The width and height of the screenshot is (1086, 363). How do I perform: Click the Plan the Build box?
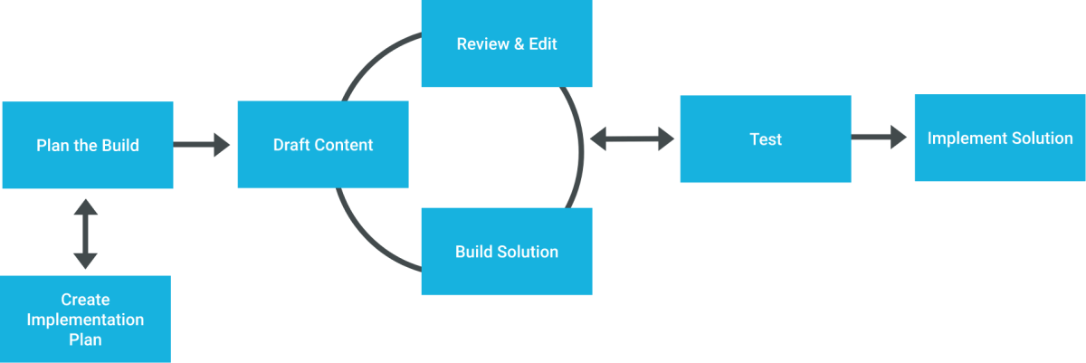[x=88, y=145]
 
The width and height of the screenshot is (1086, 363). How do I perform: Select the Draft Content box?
[x=323, y=145]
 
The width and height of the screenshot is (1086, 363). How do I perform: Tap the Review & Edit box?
[x=507, y=43]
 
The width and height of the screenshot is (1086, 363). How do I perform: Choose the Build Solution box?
[x=507, y=252]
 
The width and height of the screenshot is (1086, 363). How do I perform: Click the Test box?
[x=766, y=139]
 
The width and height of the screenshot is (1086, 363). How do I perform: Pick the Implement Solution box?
[x=1000, y=139]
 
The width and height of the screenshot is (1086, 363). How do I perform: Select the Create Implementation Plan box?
[x=85, y=319]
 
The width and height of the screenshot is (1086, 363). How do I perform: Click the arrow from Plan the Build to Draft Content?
[x=203, y=144]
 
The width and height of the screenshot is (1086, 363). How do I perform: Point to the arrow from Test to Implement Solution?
[x=880, y=138]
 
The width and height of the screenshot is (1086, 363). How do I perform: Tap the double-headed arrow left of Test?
[x=633, y=139]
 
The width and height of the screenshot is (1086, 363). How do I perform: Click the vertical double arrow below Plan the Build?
[x=85, y=234]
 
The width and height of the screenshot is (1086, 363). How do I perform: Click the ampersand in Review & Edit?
[x=520, y=43]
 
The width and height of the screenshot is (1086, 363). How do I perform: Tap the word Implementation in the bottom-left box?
[x=85, y=320]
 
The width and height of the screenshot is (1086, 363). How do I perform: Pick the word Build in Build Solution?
[x=474, y=252]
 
